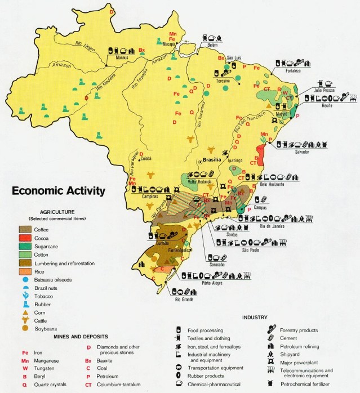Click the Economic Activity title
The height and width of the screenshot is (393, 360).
pos(59,191)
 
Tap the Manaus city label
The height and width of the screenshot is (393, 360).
pos(116,57)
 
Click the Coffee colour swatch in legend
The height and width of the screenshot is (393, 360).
pos(25,229)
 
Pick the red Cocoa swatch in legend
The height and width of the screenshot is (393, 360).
pos(25,238)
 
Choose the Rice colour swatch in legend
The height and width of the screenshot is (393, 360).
pos(25,271)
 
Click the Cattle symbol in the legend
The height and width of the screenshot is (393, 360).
pos(25,320)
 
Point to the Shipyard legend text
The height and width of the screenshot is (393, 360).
pos(288,355)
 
